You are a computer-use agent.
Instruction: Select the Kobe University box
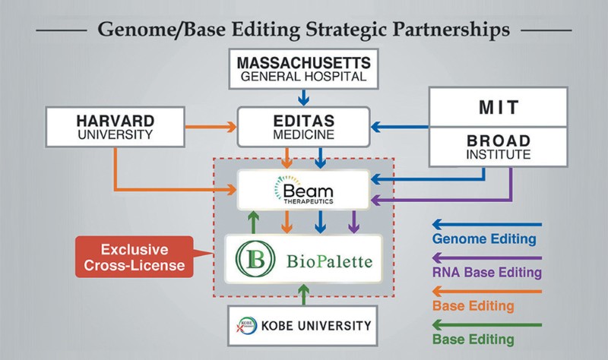[303, 327]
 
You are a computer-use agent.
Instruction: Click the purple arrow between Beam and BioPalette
[353, 223]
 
